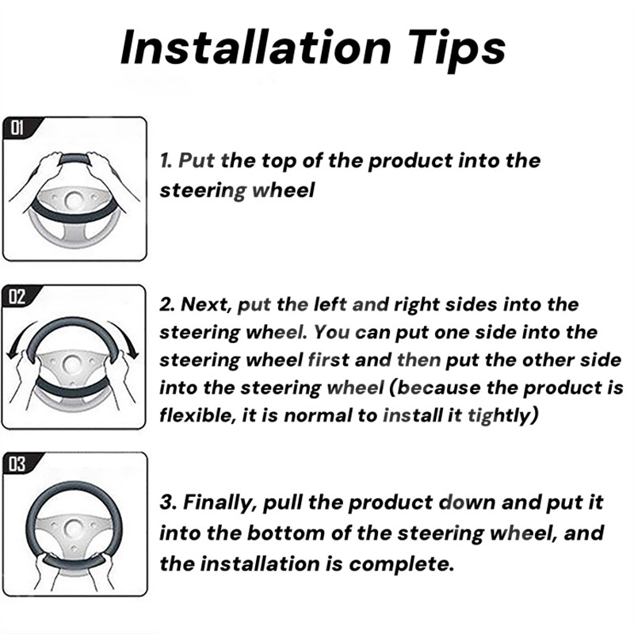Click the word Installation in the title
[x=255, y=48]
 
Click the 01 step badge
[x=17, y=128]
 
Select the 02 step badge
[x=17, y=296]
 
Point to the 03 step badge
[x=17, y=464]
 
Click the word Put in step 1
[x=197, y=161]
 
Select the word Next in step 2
[x=206, y=304]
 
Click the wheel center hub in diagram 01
[x=74, y=200]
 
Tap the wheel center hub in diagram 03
[x=74, y=529]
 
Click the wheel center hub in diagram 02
[x=73, y=365]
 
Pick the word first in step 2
[x=328, y=360]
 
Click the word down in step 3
[x=468, y=502]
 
